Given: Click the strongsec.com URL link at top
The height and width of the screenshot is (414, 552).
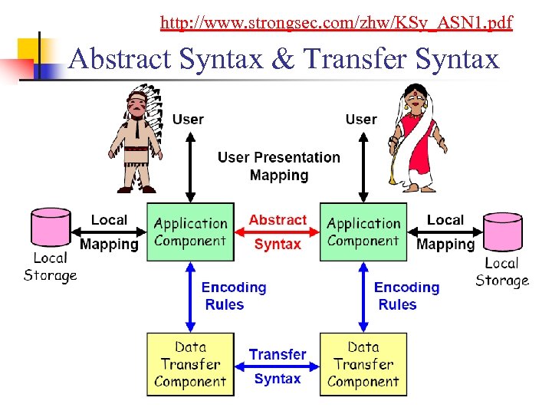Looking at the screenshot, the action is (x=336, y=23).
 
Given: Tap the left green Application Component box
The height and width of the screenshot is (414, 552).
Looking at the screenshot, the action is (x=190, y=232).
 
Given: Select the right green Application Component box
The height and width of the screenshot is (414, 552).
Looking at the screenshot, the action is (x=363, y=232).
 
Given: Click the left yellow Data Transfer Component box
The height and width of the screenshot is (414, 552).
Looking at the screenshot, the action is (x=190, y=363).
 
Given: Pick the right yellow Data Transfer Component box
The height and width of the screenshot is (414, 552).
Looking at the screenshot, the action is (x=363, y=363).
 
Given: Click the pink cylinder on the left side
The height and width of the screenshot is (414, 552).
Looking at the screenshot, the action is (x=50, y=228).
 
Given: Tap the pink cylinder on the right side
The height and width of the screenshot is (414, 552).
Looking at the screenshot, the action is (x=503, y=232).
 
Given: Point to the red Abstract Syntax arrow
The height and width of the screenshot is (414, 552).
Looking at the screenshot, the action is (x=277, y=232).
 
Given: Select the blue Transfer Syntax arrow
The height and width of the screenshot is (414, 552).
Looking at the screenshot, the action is (x=277, y=366).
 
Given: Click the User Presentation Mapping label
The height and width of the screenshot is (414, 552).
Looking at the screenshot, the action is (x=278, y=166).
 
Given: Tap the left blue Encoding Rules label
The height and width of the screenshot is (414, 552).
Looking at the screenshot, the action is (x=233, y=296).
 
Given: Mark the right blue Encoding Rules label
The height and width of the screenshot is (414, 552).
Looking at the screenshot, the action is (x=406, y=296).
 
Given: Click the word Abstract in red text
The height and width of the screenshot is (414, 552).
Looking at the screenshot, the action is (x=277, y=220).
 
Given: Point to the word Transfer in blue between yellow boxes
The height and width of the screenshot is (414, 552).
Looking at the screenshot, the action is (x=277, y=354).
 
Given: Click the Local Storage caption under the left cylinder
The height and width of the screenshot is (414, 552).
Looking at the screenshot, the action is (x=51, y=267).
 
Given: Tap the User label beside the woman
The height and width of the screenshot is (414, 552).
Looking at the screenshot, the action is (x=361, y=119).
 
